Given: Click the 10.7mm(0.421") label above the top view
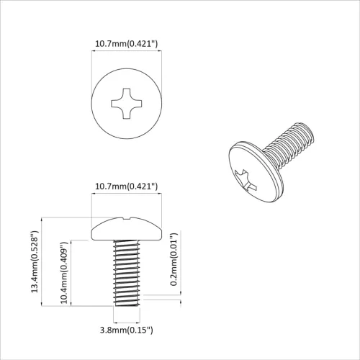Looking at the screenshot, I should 127,45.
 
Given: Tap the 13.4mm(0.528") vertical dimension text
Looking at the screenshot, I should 34,261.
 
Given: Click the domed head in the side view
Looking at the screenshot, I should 127,229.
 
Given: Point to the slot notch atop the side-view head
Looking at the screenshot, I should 127,217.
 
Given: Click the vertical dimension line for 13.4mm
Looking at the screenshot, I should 45,261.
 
